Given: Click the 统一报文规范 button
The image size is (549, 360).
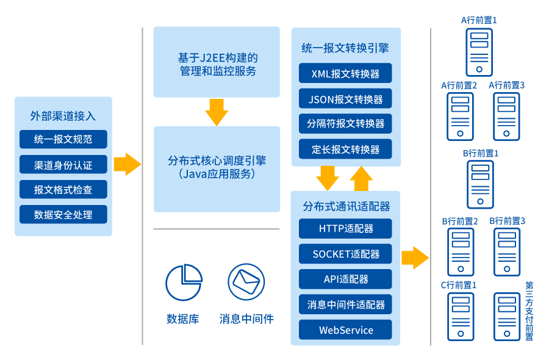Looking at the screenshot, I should [63, 139].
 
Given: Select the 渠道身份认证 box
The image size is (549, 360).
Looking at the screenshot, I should [63, 164].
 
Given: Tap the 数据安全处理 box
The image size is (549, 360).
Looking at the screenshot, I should [63, 214].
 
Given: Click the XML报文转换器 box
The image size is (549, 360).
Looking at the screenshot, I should [345, 74].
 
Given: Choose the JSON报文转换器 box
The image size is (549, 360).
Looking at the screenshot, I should [345, 99].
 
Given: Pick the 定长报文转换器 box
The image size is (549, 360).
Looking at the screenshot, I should [345, 149].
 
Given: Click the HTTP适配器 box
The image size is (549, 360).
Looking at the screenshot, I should [345, 229].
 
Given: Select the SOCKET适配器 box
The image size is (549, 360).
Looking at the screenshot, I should [345, 254].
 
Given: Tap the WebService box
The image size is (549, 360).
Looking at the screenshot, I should [345, 330].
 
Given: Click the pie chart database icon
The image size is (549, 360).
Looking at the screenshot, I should [183, 283].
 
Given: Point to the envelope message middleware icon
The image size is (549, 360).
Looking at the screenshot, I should [246, 282].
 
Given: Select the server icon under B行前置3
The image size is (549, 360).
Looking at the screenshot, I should [508, 251].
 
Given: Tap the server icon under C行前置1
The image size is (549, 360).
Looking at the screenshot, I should [461, 316].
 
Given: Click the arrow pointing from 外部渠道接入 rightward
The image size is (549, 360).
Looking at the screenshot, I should [127, 164].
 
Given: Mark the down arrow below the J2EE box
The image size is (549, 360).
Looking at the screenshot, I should [217, 112].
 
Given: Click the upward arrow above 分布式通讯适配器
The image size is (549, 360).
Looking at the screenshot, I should [361, 178].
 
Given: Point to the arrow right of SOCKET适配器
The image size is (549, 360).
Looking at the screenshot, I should [415, 257].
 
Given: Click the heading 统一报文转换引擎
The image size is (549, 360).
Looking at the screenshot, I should [345, 48].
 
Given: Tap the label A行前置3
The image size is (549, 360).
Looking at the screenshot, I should [507, 85].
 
